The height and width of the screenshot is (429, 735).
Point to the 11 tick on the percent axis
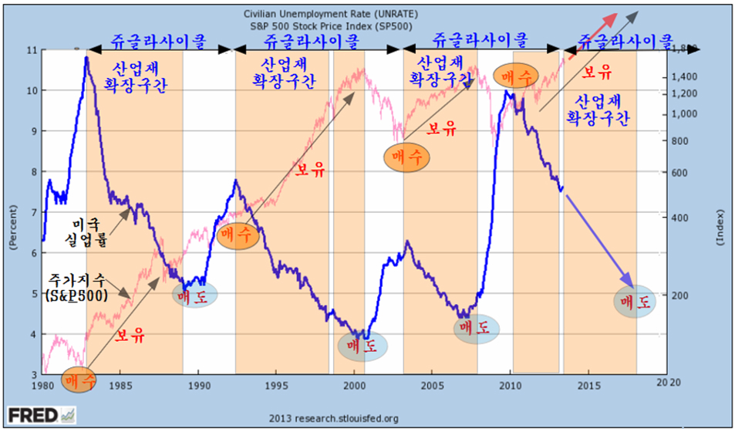[31, 50]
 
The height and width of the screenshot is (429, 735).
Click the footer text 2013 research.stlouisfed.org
[333, 418]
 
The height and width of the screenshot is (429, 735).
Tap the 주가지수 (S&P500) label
[77, 287]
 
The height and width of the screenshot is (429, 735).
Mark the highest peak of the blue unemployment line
[86, 57]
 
